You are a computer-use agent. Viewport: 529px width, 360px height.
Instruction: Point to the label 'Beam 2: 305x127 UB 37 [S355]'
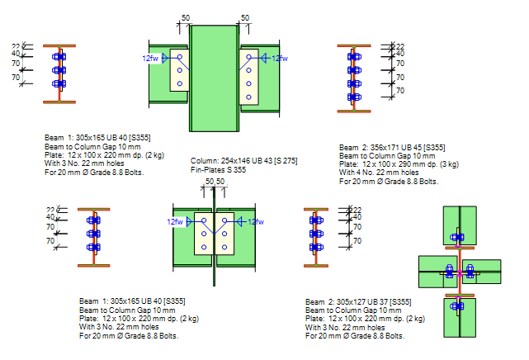[x=358, y=301]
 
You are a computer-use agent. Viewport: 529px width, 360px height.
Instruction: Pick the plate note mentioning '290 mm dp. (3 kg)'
[x=388, y=163]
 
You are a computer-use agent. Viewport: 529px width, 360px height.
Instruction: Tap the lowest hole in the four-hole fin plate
[x=248, y=97]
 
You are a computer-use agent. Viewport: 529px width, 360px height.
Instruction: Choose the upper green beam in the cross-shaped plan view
[x=459, y=225]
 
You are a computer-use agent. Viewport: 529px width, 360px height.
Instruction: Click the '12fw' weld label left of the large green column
[x=150, y=58]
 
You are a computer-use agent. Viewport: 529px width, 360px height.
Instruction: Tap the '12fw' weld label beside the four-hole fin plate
[x=280, y=58]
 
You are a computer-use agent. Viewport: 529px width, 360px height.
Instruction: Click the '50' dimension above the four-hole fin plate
[x=244, y=17]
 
